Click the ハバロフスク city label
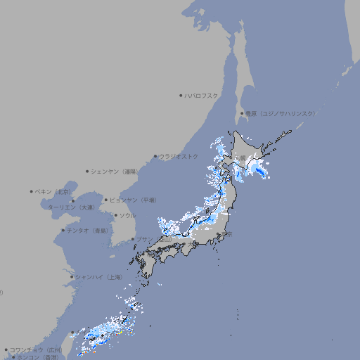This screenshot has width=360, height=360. coord(202,95)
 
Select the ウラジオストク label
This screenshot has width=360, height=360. coord(179,156)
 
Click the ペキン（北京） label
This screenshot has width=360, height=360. coord(53,191)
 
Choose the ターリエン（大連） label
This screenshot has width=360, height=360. coord(71,207)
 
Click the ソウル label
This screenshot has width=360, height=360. coord(127,215)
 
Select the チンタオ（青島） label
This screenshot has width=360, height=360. coord(87,230)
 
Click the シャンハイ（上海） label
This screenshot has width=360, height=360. coord(98,277)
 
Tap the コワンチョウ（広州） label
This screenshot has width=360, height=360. coord(36,349)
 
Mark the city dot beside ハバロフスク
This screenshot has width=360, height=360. coord(181,95)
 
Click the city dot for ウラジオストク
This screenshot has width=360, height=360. coord(155,156)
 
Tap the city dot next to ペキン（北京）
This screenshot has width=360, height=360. coord(32,191)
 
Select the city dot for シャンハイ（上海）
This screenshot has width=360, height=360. coord(72,277)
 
